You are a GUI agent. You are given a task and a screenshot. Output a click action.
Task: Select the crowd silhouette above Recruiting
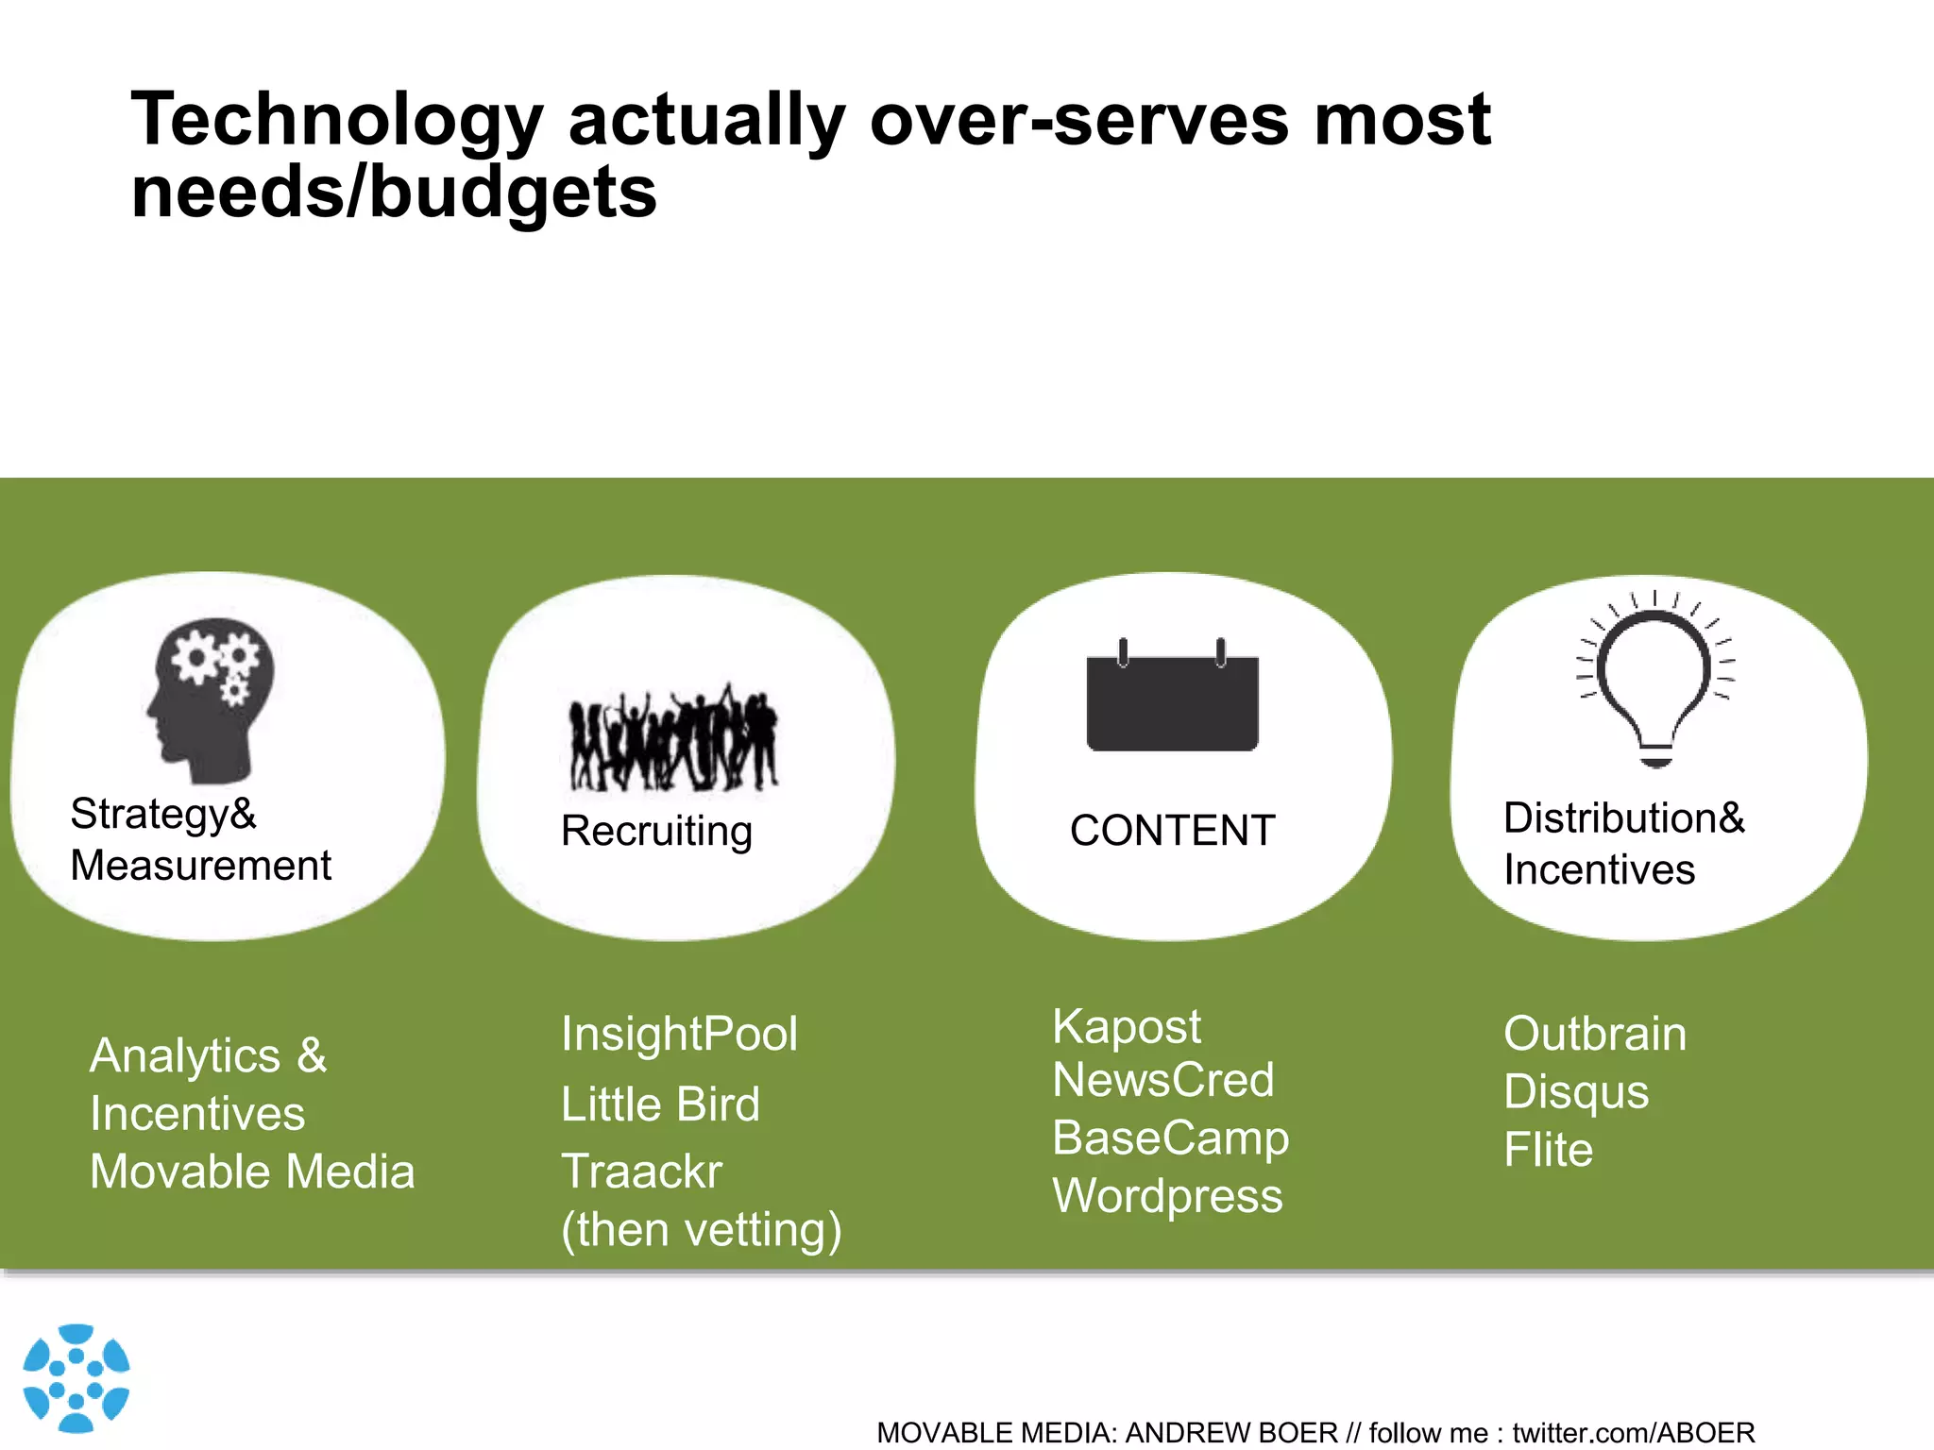(x=673, y=740)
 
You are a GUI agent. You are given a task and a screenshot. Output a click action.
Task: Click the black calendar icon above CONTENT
(x=1172, y=699)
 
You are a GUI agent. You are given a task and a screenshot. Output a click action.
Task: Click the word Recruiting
(x=656, y=832)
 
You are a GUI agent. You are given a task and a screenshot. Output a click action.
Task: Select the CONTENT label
(x=1172, y=832)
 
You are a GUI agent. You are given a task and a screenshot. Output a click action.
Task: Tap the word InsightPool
(x=679, y=1034)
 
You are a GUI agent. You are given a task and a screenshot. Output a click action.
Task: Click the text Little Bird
(x=660, y=1104)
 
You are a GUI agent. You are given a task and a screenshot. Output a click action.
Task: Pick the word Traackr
(x=641, y=1172)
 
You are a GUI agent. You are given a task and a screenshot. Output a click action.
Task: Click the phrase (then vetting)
(x=701, y=1230)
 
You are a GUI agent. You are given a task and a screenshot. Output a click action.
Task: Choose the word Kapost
(x=1126, y=1027)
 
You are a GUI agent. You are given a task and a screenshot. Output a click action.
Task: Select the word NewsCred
(x=1162, y=1080)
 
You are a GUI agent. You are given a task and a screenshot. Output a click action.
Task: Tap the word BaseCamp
(x=1170, y=1138)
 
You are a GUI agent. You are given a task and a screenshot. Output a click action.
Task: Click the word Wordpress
(x=1167, y=1196)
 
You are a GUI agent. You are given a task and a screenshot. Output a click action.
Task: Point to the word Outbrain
(x=1594, y=1034)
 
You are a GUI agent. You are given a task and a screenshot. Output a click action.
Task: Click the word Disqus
(x=1575, y=1093)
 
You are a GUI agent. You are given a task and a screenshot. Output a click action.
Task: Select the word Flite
(x=1548, y=1151)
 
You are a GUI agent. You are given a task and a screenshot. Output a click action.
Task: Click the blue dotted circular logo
(x=76, y=1377)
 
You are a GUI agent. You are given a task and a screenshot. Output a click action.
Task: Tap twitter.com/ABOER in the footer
(x=1633, y=1433)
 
